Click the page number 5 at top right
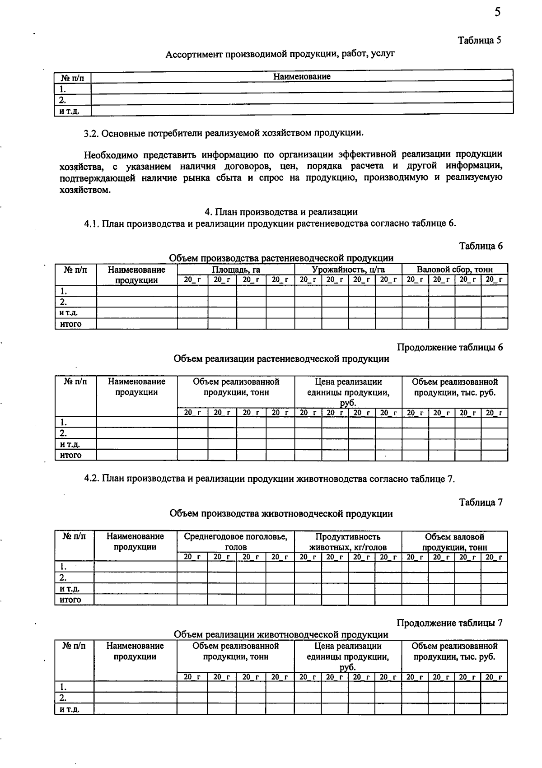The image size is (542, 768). point(497,12)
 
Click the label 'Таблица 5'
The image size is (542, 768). point(480,40)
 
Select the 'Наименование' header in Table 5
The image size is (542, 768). point(302,77)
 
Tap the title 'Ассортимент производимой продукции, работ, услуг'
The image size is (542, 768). point(280,55)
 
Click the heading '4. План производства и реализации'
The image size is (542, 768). point(281,212)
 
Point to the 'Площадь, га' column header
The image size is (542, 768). point(236,270)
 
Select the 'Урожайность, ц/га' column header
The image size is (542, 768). point(348,270)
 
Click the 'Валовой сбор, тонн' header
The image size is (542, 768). point(454,270)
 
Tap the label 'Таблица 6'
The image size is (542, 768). point(481,246)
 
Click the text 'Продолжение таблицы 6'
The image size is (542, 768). point(449,347)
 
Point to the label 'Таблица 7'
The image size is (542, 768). point(481,502)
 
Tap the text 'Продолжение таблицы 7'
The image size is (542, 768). point(449,623)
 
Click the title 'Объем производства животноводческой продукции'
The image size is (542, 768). point(281,514)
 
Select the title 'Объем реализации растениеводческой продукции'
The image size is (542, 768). point(281,359)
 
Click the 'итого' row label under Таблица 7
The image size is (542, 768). point(70,600)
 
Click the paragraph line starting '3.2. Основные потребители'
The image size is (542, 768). point(224,134)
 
